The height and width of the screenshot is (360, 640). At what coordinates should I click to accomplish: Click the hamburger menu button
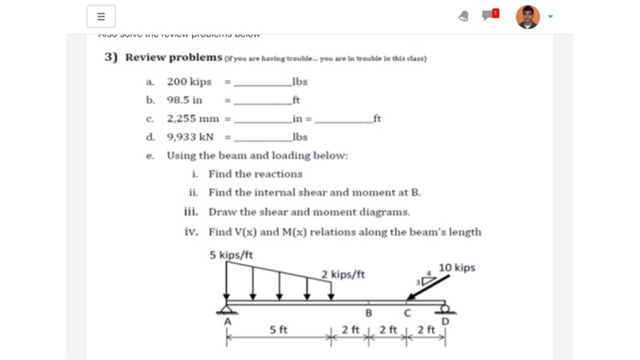pyautogui.click(x=101, y=16)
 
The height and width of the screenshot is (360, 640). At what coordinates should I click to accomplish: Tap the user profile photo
pyautogui.click(x=528, y=16)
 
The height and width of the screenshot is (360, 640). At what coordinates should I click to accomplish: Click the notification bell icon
pyautogui.click(x=464, y=16)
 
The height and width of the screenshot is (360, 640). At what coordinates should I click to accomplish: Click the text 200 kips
pyautogui.click(x=188, y=81)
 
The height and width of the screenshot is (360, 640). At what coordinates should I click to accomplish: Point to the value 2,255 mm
pyautogui.click(x=194, y=118)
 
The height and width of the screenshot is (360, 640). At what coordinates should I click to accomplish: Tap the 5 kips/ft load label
pyautogui.click(x=231, y=255)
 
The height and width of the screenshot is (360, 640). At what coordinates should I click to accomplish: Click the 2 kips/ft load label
pyautogui.click(x=343, y=273)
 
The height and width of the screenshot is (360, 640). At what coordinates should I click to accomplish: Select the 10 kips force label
pyautogui.click(x=456, y=268)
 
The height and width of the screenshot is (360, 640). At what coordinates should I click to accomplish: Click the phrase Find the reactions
pyautogui.click(x=255, y=174)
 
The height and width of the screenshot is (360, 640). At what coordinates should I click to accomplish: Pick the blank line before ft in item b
pyautogui.click(x=262, y=101)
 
